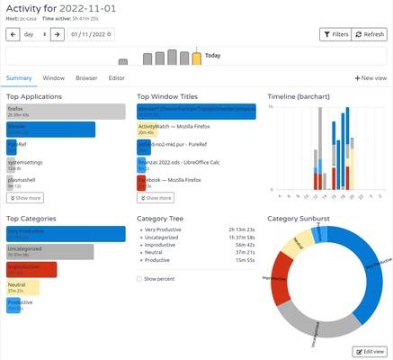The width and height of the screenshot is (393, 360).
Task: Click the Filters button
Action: click(335, 34)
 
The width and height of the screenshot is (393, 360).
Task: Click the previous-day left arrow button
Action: click(13, 34)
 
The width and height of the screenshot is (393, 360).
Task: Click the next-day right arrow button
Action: click(56, 34)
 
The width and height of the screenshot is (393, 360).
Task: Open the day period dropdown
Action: click(34, 34)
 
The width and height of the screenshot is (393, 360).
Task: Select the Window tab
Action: click(53, 78)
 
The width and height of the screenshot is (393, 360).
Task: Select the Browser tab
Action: click(86, 78)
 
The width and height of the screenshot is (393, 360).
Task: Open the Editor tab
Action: click(117, 78)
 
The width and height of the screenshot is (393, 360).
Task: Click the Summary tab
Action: click(20, 78)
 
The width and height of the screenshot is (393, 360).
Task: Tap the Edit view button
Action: click(370, 350)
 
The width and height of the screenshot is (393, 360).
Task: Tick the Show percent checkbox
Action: click(140, 279)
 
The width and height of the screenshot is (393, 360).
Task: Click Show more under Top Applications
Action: click(24, 197)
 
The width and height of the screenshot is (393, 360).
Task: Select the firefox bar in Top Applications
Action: click(65, 112)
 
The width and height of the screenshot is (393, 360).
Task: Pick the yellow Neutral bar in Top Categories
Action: click(22, 288)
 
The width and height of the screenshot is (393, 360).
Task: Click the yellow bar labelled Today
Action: click(196, 58)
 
